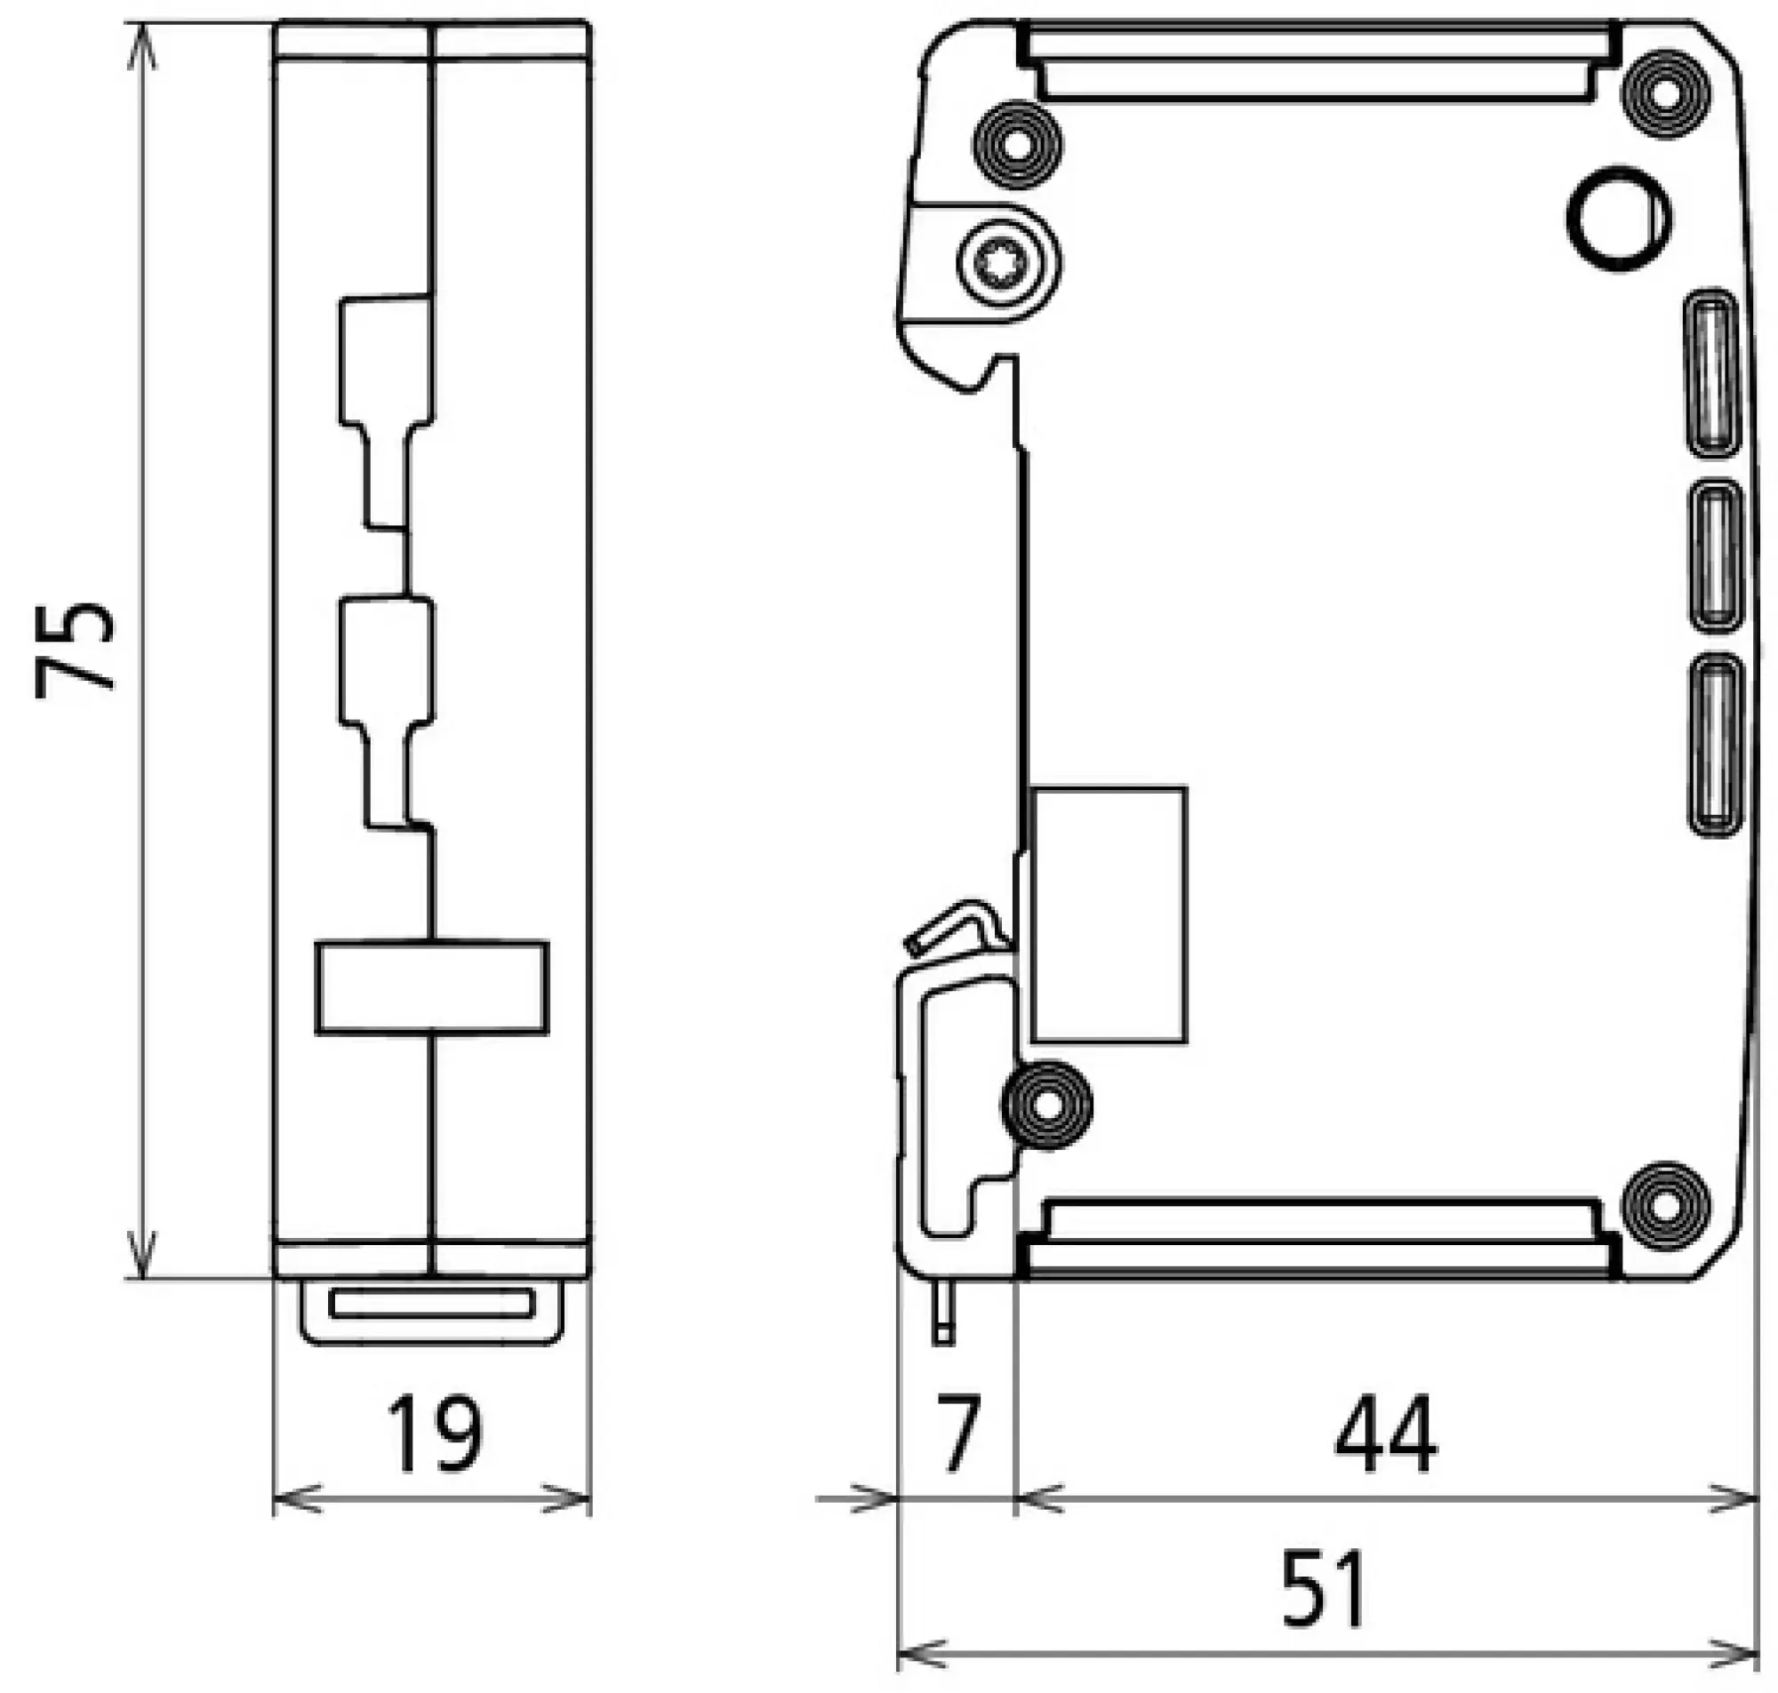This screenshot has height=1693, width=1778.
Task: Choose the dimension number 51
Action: click(x=1324, y=1587)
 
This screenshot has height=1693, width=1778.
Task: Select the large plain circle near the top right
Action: click(x=1619, y=219)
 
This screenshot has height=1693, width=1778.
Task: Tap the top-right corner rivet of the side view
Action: click(x=1666, y=94)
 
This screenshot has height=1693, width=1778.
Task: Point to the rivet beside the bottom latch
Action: click(x=1047, y=1106)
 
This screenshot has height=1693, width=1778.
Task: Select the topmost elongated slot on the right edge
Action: click(x=1711, y=371)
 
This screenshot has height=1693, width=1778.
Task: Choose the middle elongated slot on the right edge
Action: click(x=1714, y=556)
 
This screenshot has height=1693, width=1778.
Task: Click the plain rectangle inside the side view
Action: click(x=1109, y=915)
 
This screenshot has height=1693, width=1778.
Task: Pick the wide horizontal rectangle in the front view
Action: click(x=432, y=986)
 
